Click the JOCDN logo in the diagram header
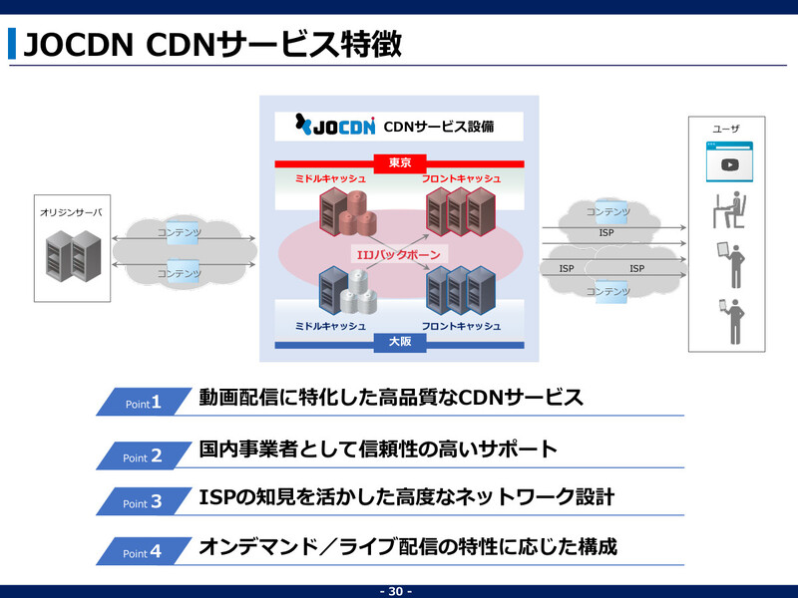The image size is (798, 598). pos(335,127)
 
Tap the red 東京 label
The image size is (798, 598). pos(400,161)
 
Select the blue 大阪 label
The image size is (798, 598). pos(400,342)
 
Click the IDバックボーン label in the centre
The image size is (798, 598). pos(399,254)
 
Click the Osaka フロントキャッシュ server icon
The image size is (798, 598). pos(460,290)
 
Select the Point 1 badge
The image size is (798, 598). pos(143,403)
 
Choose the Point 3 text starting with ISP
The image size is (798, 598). pos(406,496)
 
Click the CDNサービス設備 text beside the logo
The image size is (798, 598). pos(438,127)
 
